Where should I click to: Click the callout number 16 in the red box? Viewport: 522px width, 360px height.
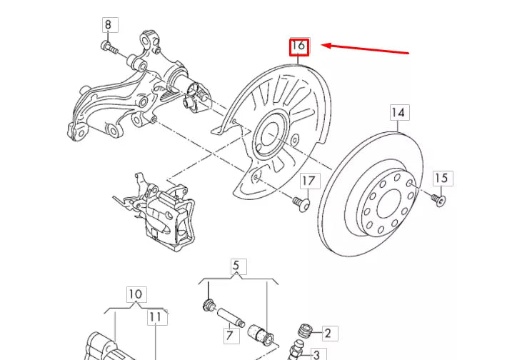pos(299,46)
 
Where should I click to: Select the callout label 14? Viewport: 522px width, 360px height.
pos(399,113)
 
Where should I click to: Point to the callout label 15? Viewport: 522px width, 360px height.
pos(443,179)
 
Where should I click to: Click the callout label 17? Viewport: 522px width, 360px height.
pos(310,181)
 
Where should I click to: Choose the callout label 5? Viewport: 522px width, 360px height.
pos(239,266)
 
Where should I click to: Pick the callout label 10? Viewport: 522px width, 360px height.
pos(136,294)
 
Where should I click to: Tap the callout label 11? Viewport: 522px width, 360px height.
pos(157,317)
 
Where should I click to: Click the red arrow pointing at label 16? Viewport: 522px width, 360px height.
pos(366,49)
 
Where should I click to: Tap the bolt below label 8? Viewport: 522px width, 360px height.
pos(109,47)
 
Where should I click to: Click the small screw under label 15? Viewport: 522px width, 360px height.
pos(439,199)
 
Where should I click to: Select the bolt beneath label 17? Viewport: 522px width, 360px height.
pos(301,204)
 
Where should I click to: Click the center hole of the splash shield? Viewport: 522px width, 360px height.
pos(270,134)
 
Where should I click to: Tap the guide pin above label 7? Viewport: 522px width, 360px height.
pos(231,318)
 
